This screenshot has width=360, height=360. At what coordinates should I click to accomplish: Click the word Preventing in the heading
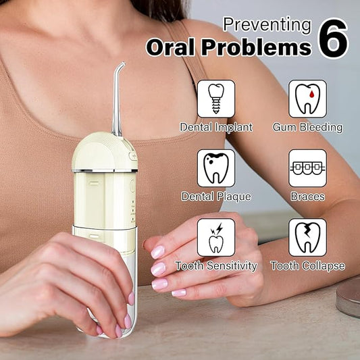click(267, 25)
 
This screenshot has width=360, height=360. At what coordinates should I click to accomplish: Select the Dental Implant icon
click(216, 99)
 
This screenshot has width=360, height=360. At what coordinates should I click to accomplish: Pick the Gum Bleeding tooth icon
click(307, 99)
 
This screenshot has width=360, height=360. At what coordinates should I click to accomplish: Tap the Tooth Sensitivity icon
click(216, 237)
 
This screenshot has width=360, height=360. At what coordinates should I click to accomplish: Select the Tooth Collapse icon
click(307, 237)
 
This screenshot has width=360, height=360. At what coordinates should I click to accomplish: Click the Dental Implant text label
click(216, 127)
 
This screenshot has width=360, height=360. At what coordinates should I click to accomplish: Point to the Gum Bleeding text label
click(307, 127)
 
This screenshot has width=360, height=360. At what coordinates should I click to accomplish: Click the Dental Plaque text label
click(216, 197)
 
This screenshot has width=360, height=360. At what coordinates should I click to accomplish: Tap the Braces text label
click(307, 197)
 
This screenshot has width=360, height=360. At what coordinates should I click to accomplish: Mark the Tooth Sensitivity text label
click(216, 266)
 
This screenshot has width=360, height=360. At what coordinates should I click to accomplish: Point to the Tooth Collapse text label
click(307, 266)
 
